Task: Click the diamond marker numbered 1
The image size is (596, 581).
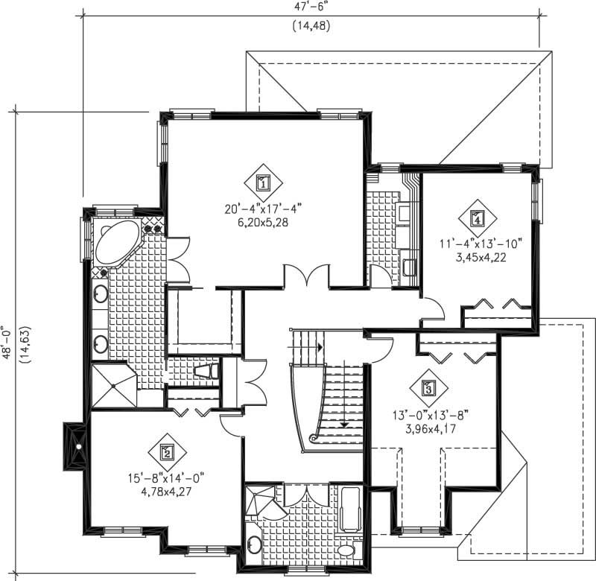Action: [x=263, y=181]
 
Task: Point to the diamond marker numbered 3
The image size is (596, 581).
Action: [x=428, y=387]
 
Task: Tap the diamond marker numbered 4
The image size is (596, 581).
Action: [x=477, y=218]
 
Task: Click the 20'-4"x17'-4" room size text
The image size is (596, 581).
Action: [x=263, y=209]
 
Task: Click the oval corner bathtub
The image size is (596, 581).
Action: [x=117, y=242]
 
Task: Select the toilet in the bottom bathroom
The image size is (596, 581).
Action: [x=346, y=550]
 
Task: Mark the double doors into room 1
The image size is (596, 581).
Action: [x=305, y=277]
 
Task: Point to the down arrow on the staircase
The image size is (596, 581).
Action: [x=345, y=424]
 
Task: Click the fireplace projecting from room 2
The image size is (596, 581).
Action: [x=74, y=445]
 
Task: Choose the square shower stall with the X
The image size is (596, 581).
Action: [x=113, y=385]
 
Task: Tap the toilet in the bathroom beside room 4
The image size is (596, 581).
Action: [x=409, y=267]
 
